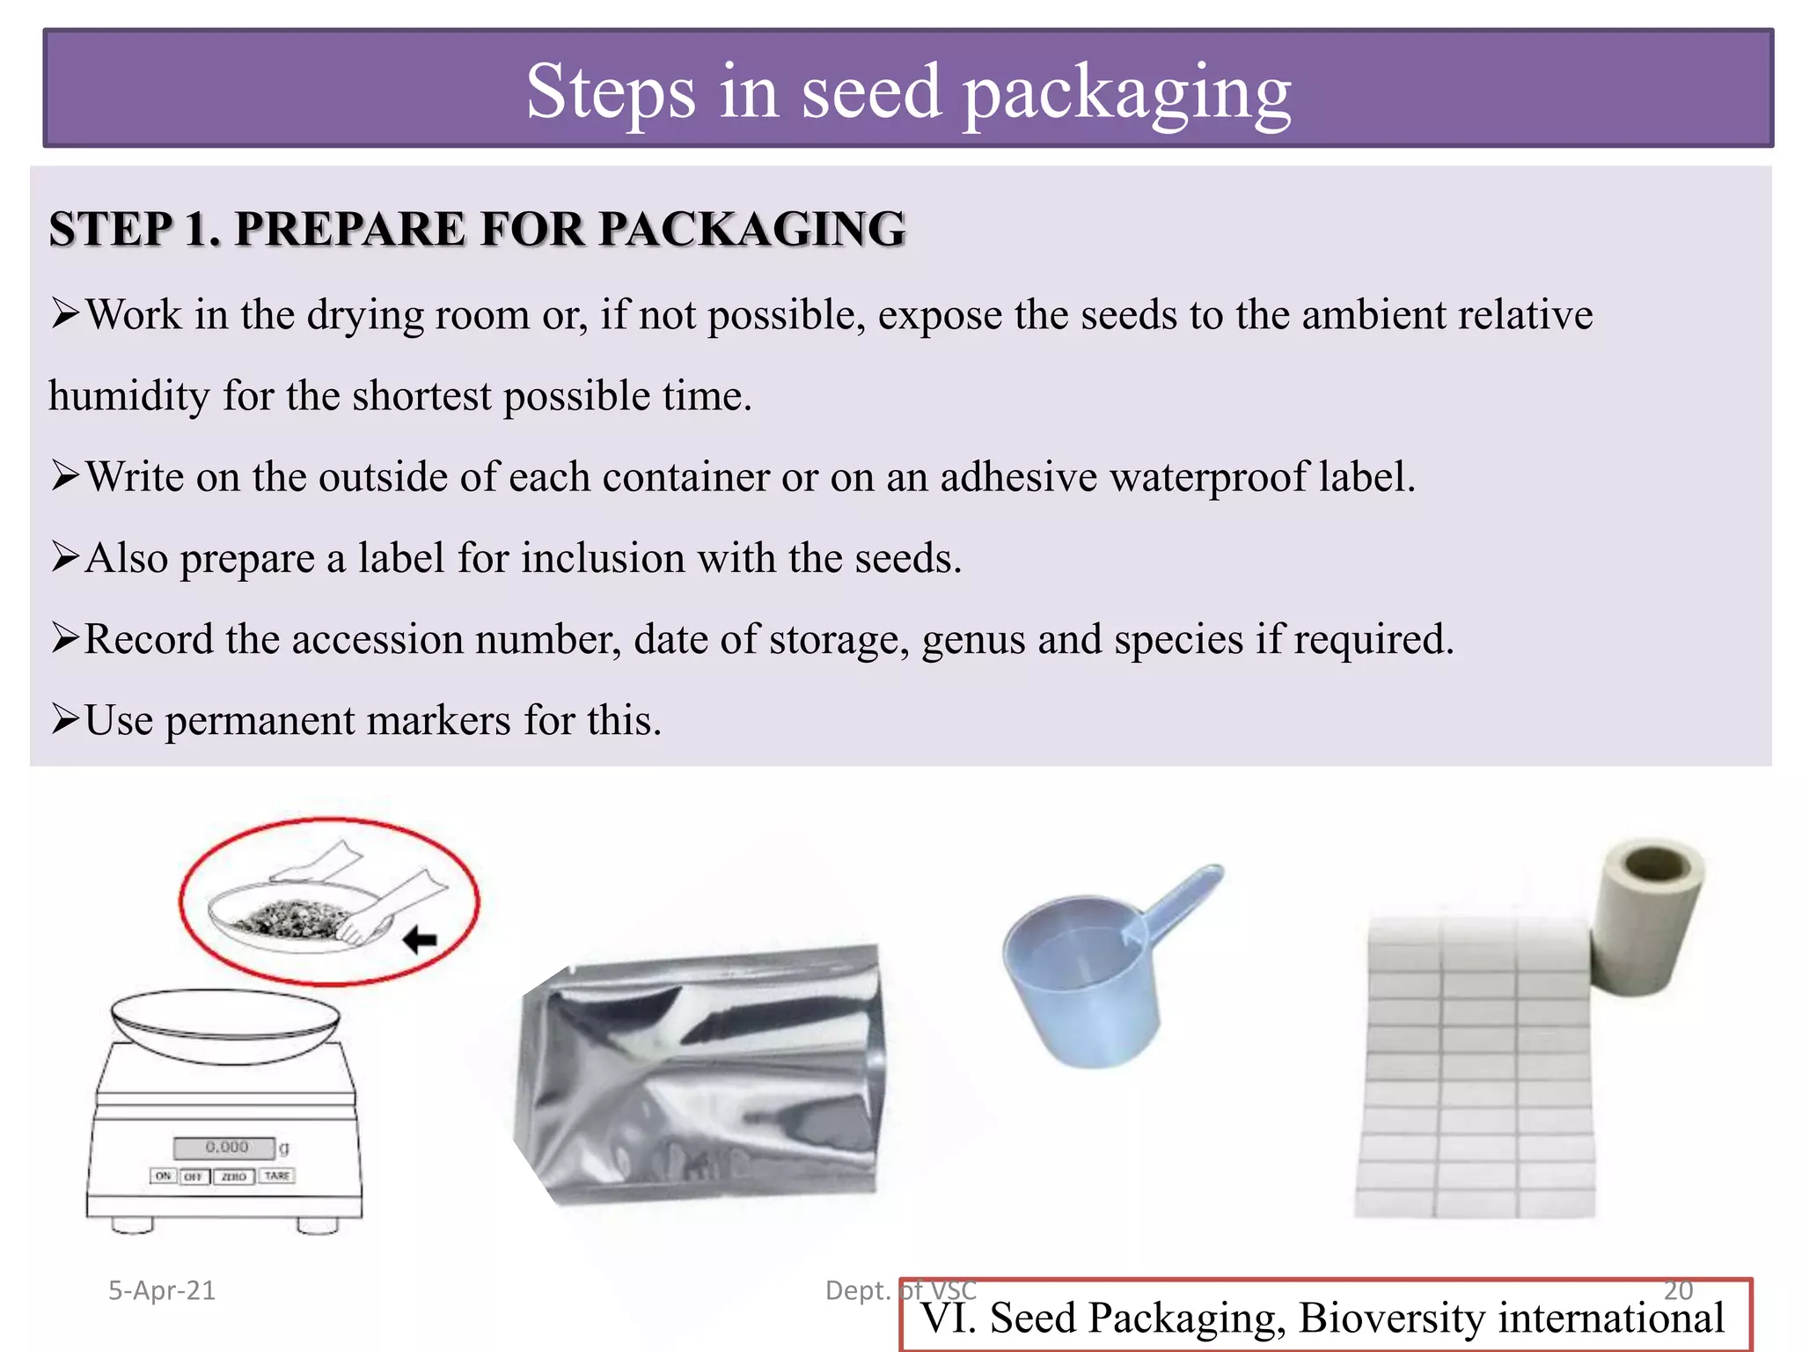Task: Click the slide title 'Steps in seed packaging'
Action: [x=908, y=92]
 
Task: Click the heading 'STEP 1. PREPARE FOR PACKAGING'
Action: [x=477, y=229]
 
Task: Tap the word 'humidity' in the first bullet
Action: [x=128, y=395]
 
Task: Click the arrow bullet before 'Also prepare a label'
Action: [x=65, y=557]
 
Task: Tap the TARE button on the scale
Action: [x=276, y=1176]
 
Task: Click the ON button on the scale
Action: [x=163, y=1176]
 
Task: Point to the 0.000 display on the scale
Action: [x=226, y=1147]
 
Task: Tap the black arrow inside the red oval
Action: [x=420, y=940]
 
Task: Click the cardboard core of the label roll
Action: [x=1654, y=865]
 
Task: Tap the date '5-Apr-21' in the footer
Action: [x=162, y=1290]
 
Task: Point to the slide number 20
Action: [x=1678, y=1290]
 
